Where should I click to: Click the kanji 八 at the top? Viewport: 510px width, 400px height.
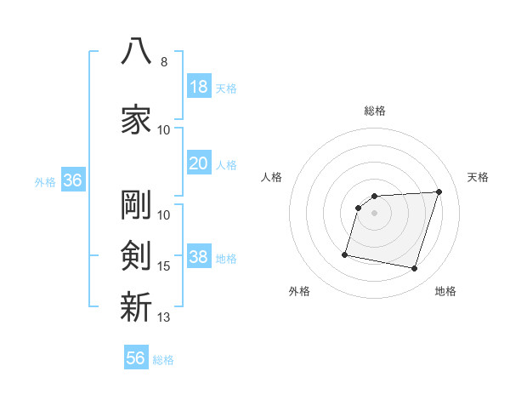pos(136,51)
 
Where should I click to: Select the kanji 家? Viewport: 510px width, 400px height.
pos(136,119)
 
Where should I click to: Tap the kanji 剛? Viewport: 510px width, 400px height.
pos(136,204)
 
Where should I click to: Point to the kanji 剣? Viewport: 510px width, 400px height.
pos(136,255)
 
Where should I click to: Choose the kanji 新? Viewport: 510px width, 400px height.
pos(136,306)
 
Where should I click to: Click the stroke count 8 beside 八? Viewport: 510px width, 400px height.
pos(164,62)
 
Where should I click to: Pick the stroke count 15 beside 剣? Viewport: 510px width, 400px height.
pos(163,266)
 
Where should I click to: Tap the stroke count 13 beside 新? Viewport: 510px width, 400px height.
pos(163,317)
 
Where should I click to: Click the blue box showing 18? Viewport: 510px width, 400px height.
pos(200,86)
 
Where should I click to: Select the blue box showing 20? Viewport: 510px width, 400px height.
pos(200,163)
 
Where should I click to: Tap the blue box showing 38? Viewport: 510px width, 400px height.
pos(200,255)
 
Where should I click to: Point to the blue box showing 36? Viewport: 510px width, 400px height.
pos(73,180)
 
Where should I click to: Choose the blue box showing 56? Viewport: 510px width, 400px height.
pos(136,357)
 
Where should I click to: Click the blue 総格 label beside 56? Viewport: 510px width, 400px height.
pos(163,360)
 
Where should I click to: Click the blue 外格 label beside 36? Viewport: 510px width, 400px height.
pos(45,182)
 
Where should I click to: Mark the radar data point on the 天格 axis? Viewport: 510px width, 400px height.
pos(439,191)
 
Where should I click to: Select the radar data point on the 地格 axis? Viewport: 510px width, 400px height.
pos(414,269)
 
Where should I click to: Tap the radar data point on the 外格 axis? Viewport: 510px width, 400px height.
pos(345,254)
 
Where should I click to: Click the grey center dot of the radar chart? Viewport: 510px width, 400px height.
pos(374,213)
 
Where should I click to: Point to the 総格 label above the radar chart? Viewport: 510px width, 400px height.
pos(375,111)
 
